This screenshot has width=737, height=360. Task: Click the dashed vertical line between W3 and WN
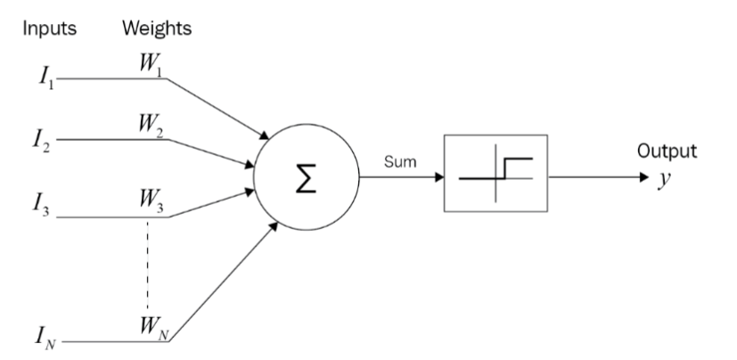coord(148,267)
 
